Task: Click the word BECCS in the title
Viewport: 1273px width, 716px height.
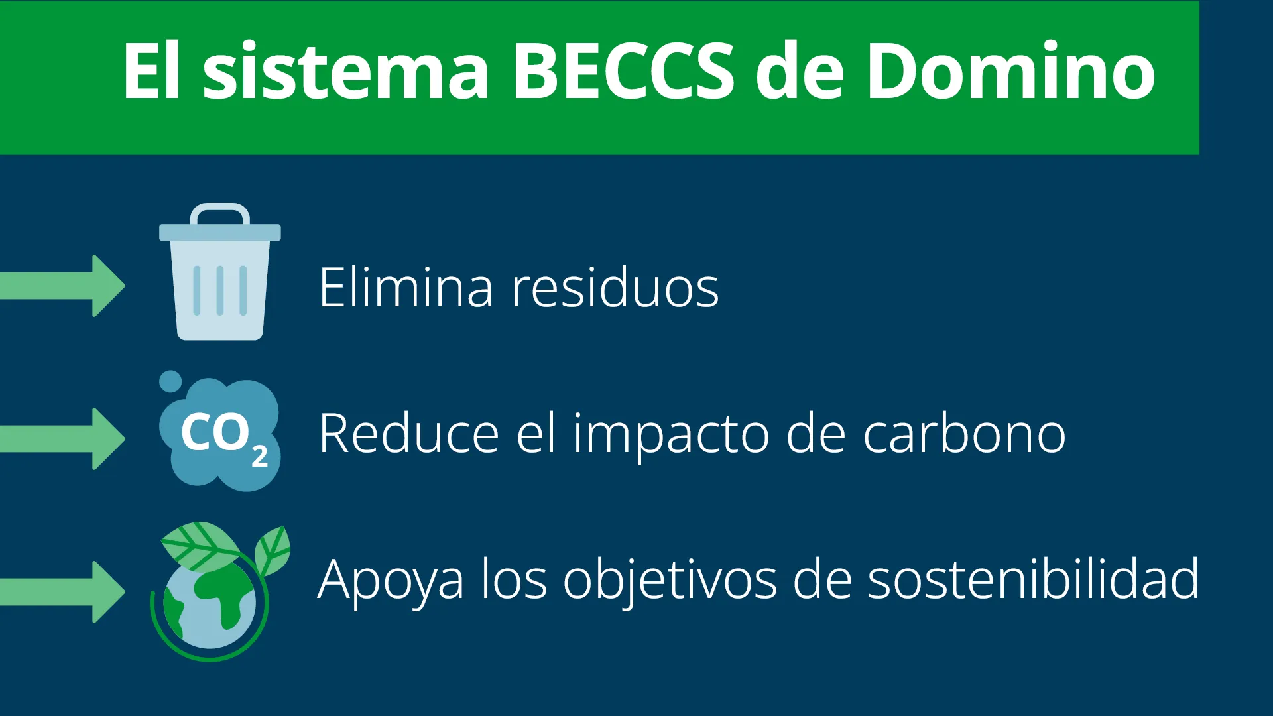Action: pyautogui.click(x=623, y=70)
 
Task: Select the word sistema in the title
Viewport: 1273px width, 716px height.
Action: pyautogui.click(x=345, y=70)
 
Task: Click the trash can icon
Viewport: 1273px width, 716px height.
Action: pyautogui.click(x=220, y=272)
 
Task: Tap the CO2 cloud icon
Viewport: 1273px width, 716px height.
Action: pyautogui.click(x=219, y=431)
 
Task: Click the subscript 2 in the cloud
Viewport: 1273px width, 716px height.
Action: pyautogui.click(x=260, y=456)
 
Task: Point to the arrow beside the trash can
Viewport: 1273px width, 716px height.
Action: pyautogui.click(x=62, y=286)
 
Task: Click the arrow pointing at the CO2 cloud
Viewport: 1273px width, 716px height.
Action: pyautogui.click(x=62, y=439)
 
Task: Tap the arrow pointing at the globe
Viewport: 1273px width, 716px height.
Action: pyautogui.click(x=62, y=592)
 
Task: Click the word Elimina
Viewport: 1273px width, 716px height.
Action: pyautogui.click(x=406, y=287)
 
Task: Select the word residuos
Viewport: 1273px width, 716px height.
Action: pyautogui.click(x=615, y=287)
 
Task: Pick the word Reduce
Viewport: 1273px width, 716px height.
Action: pyautogui.click(x=408, y=433)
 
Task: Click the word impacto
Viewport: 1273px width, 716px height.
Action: pyautogui.click(x=671, y=436)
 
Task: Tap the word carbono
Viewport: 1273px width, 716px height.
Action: pyautogui.click(x=965, y=433)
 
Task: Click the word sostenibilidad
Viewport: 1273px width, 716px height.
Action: pyautogui.click(x=1034, y=579)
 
